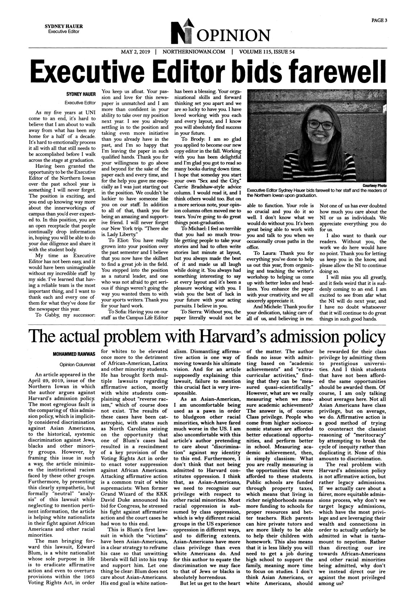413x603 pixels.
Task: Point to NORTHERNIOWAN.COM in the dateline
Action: [x=194, y=52]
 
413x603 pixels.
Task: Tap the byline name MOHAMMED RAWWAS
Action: [x=74, y=354]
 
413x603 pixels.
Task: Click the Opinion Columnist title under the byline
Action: [x=77, y=364]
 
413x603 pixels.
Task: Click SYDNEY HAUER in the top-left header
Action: [x=61, y=27]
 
